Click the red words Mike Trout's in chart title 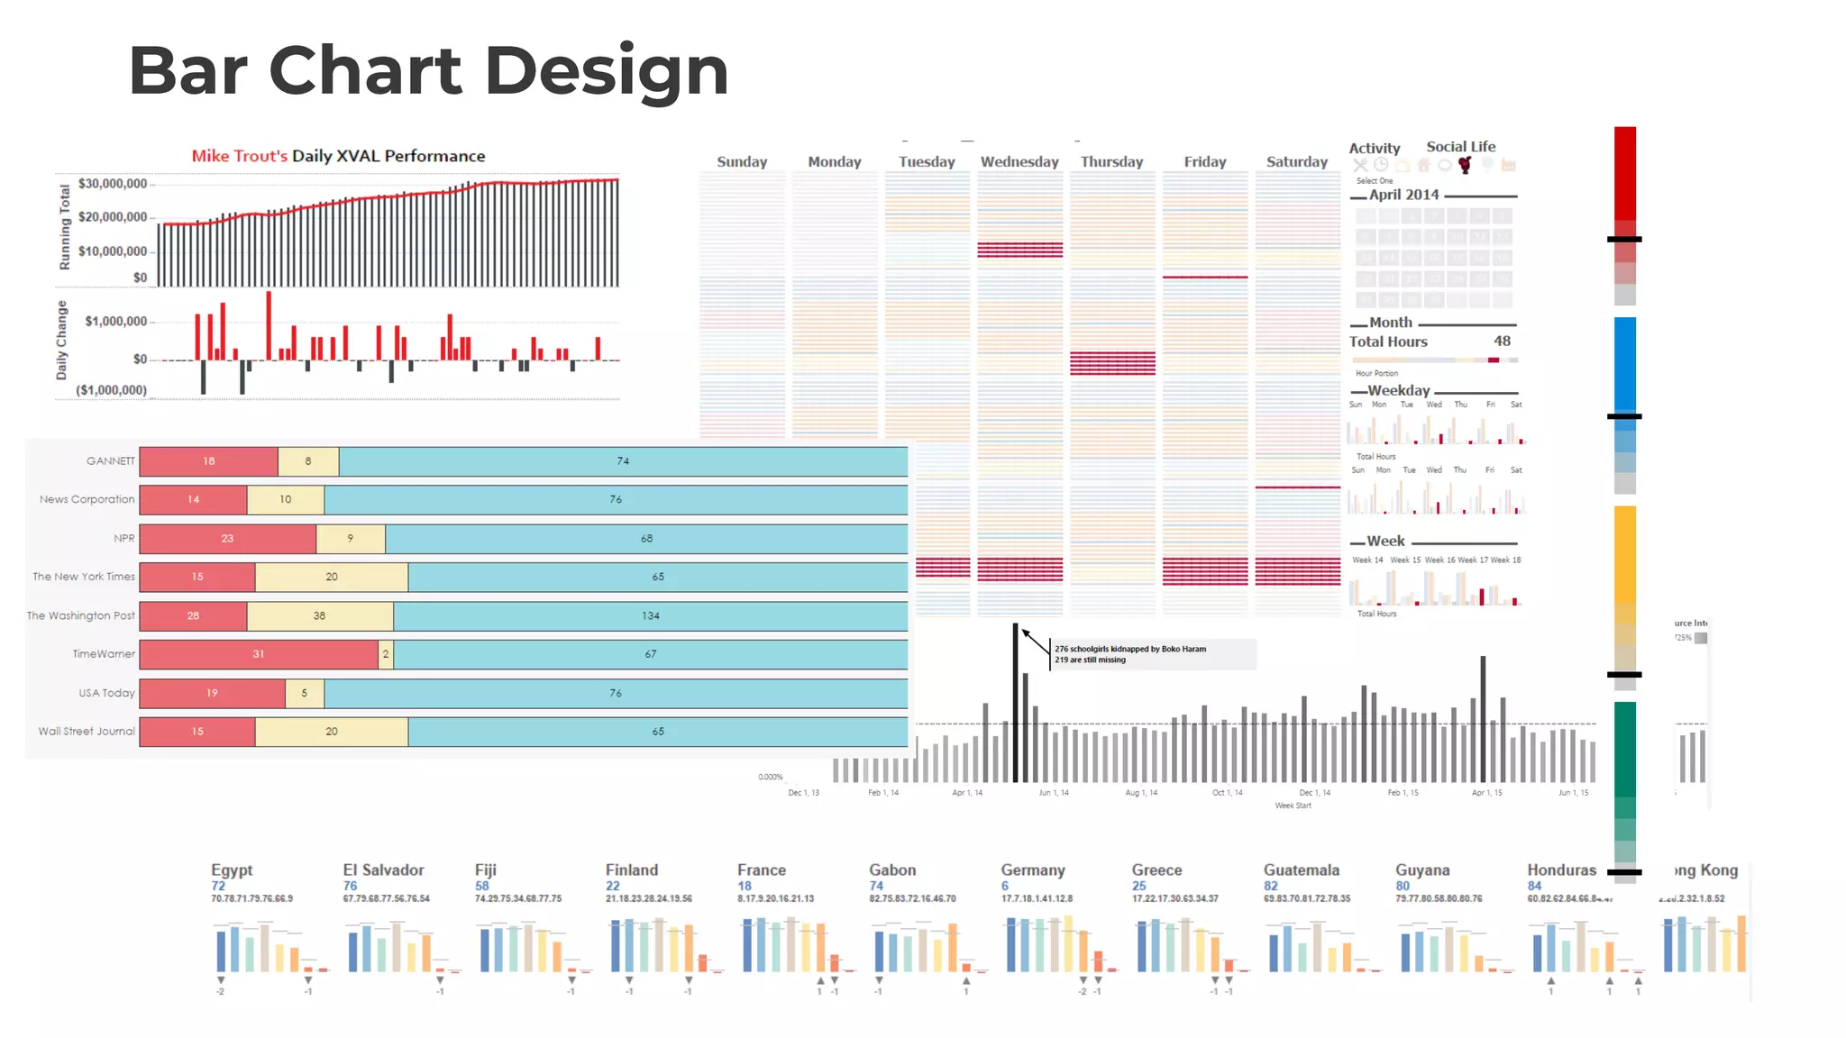point(239,156)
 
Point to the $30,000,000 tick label point(112,184)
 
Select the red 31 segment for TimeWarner point(259,654)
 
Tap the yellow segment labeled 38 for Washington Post point(319,615)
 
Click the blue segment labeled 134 point(650,615)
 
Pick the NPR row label point(123,538)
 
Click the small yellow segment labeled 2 point(386,654)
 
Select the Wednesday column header point(1019,162)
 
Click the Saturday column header point(1296,162)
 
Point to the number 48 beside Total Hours point(1502,341)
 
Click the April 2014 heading point(1403,195)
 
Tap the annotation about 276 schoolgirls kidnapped point(1130,654)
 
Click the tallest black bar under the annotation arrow point(1016,703)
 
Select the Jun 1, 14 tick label point(1053,793)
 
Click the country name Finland point(631,870)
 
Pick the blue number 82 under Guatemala point(1271,887)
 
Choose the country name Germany point(1032,870)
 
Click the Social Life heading point(1460,147)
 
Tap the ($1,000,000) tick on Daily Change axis point(111,390)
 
